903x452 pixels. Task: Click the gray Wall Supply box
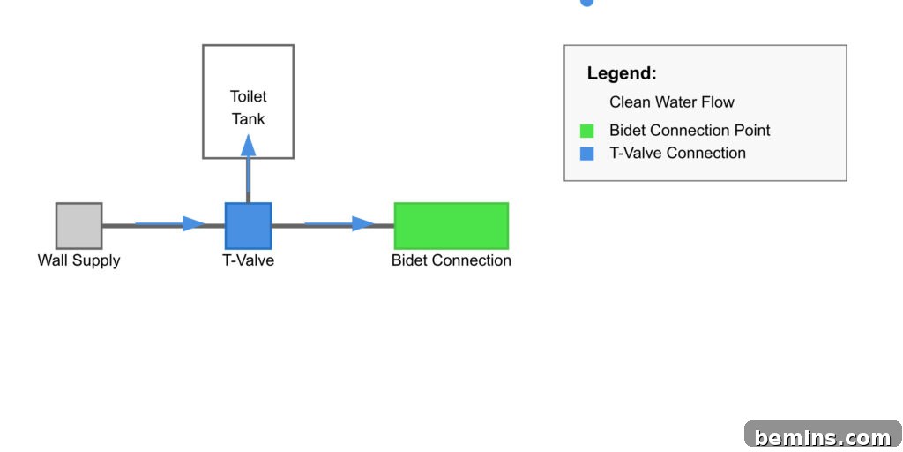pos(78,225)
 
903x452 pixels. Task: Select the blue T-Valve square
pos(248,225)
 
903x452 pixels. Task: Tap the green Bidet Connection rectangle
pos(451,225)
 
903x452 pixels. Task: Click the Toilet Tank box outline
pos(204,102)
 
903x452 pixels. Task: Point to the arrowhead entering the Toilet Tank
pos(248,146)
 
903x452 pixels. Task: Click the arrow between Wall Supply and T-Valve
pos(170,223)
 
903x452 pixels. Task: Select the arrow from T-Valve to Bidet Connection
pos(340,223)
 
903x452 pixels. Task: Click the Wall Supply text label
pos(78,260)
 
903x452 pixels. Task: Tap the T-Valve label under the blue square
pos(248,260)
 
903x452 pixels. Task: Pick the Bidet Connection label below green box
pos(451,260)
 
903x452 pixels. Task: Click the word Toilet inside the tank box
pos(248,96)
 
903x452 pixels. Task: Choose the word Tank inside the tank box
pos(248,119)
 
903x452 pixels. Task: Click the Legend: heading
pos(622,73)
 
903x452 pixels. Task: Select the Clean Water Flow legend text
pos(672,102)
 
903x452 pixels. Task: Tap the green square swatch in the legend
pos(586,131)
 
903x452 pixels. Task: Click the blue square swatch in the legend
pos(586,154)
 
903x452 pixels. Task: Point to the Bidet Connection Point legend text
pos(690,131)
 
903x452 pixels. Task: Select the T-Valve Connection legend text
pos(678,154)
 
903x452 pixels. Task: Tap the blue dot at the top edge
pos(586,3)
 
